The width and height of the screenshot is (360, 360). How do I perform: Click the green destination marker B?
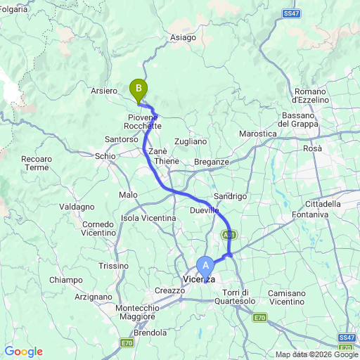point(139,89)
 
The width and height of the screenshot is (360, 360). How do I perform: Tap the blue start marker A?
point(205,265)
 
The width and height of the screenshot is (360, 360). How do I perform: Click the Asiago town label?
point(183,39)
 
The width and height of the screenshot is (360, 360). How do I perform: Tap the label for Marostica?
point(257,134)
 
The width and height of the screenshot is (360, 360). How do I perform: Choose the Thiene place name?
point(167,161)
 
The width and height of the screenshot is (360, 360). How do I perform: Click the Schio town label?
point(105,155)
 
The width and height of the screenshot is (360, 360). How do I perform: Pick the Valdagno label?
point(77,207)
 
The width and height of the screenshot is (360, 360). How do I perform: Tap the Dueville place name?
point(204,210)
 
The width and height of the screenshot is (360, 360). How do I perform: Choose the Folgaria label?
point(15,10)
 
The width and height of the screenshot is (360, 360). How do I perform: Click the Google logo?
point(23,352)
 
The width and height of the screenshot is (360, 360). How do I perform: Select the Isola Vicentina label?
point(148,218)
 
